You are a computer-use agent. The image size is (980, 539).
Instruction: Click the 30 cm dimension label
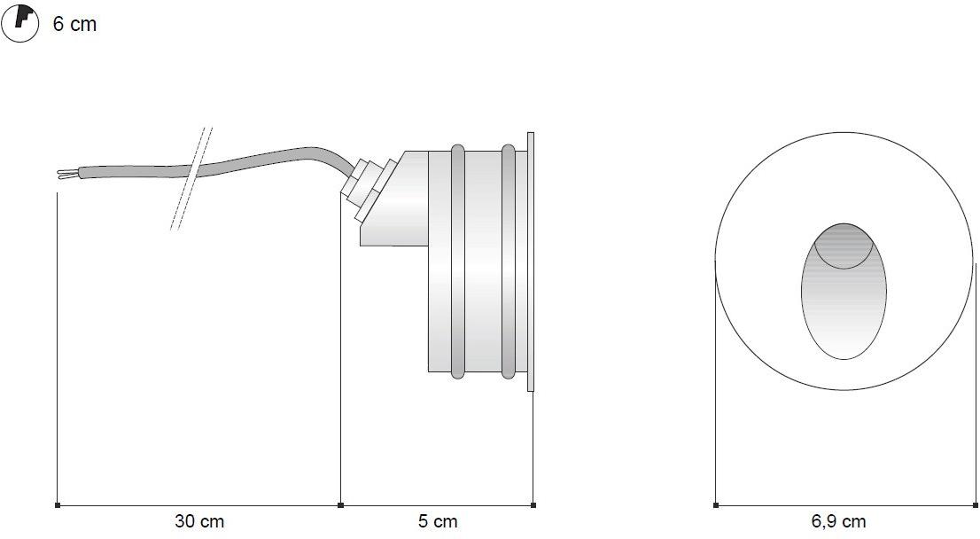(199, 521)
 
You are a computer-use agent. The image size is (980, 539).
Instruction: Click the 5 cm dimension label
(438, 521)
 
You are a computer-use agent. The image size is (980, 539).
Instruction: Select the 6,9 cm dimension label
(838, 521)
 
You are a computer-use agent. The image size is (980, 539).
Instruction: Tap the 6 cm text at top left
(74, 24)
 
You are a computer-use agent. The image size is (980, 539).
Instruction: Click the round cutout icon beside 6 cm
(20, 22)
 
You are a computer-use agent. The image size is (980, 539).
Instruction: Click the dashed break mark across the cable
(191, 178)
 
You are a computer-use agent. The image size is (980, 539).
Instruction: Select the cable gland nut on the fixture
(369, 188)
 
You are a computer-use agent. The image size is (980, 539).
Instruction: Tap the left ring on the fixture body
(457, 262)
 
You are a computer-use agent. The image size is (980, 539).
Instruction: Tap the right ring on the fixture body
(508, 262)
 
